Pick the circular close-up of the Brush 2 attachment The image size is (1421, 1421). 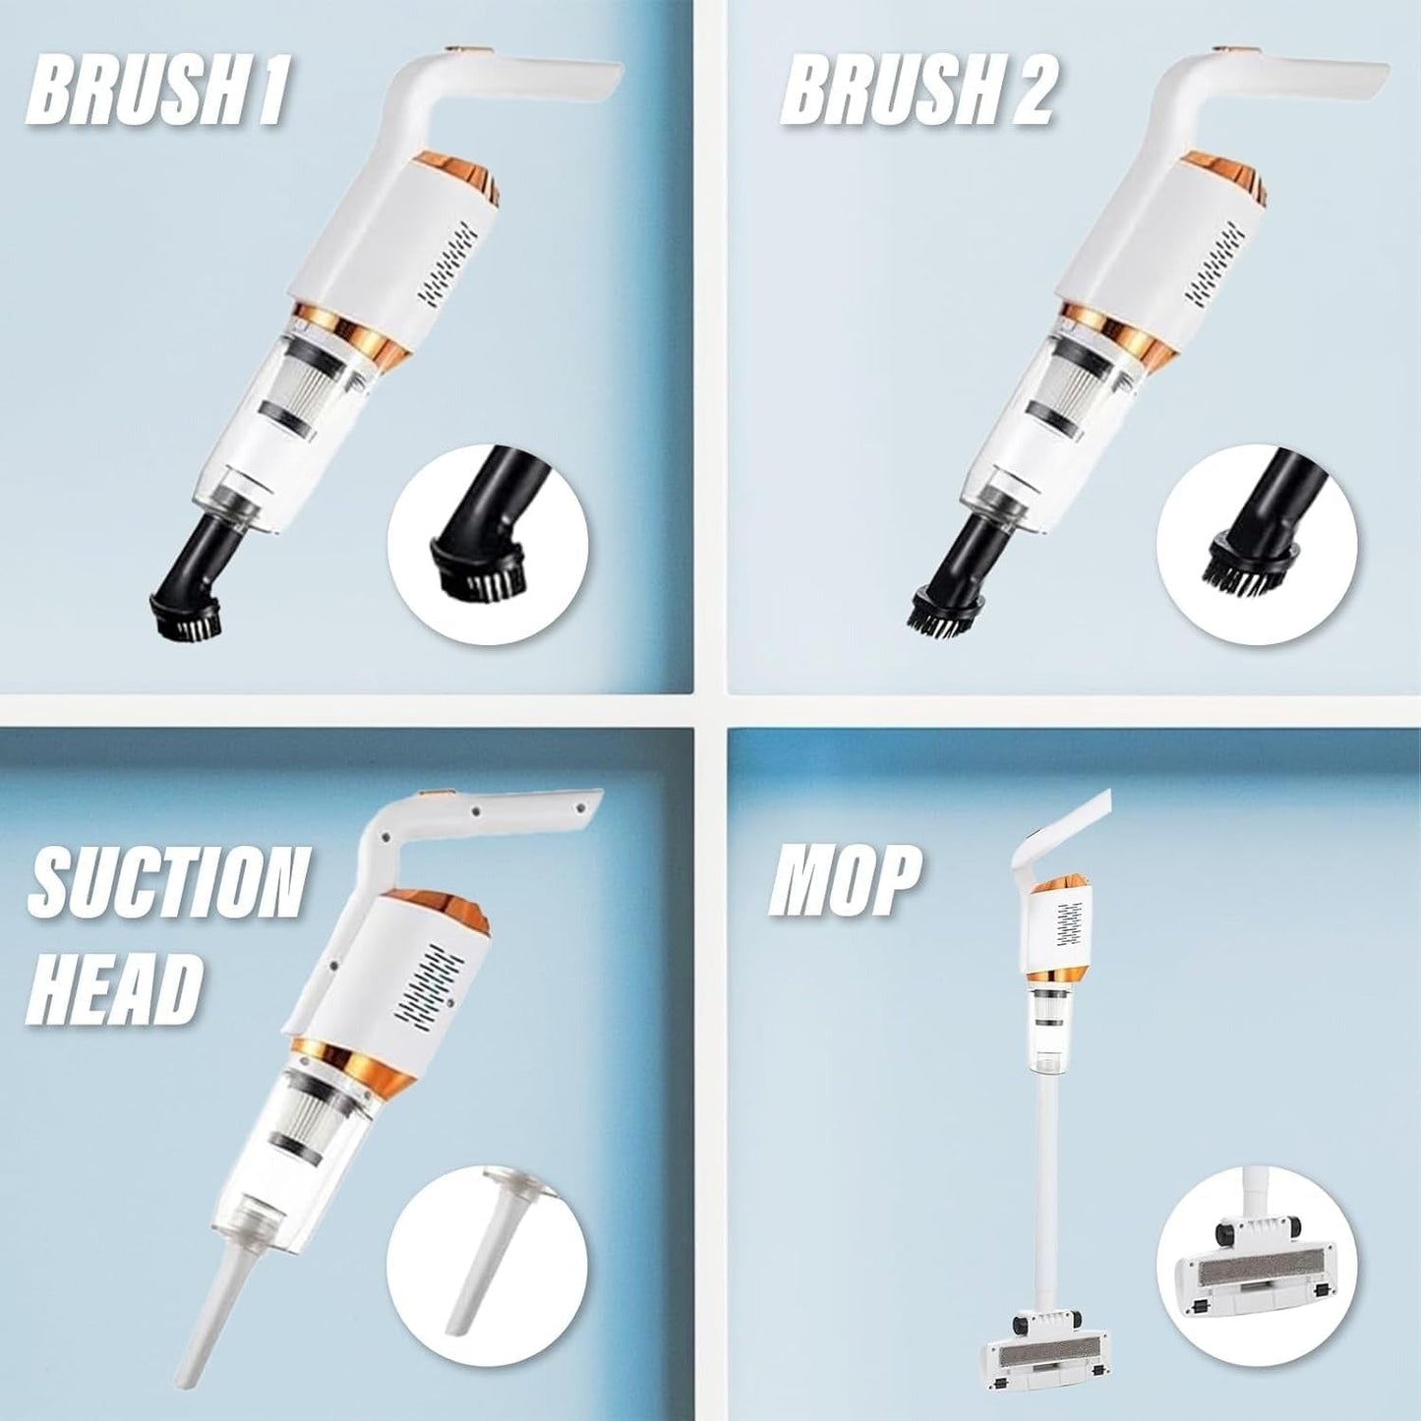click(1256, 544)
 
